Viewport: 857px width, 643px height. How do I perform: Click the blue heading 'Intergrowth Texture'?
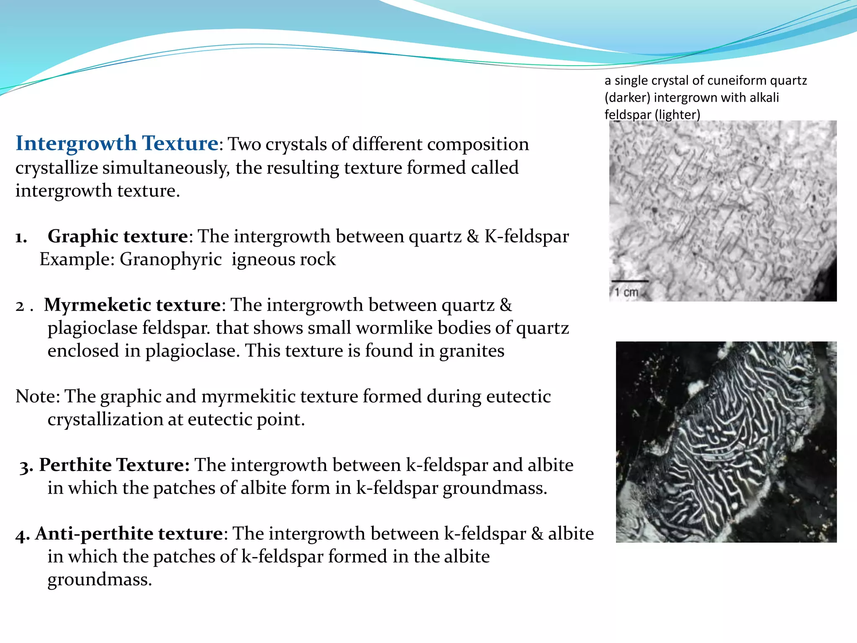coord(117,144)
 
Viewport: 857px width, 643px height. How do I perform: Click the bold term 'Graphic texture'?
coord(118,237)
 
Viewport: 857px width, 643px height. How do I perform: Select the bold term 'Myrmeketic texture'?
coord(132,305)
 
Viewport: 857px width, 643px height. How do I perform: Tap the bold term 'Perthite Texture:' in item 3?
coord(114,465)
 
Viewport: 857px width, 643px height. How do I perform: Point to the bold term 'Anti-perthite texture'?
coord(129,534)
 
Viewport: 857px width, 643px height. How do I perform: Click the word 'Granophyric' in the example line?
coord(171,260)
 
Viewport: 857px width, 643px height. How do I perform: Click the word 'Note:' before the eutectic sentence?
coord(38,396)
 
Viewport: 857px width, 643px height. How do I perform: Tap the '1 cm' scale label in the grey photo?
coord(626,292)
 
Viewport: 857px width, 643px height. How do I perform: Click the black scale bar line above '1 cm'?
coord(630,281)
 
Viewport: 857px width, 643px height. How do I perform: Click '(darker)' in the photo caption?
coord(627,98)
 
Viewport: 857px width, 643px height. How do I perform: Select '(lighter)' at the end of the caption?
coord(677,115)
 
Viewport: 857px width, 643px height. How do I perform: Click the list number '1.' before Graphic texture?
coord(21,237)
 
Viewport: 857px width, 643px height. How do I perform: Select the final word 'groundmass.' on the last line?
coord(100,580)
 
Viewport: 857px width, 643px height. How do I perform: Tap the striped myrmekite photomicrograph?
coord(726,442)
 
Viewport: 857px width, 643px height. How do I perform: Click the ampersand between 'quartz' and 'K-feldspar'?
coord(473,237)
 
